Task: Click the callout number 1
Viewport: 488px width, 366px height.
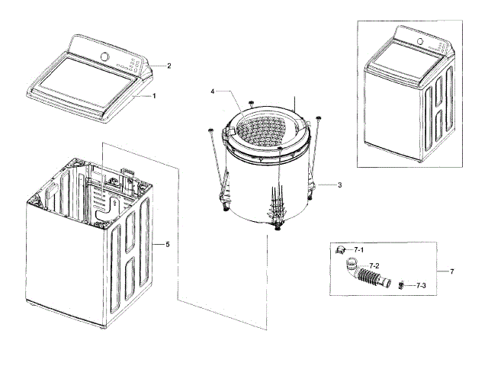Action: [x=154, y=96]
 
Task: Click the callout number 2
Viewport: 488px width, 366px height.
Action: [x=169, y=66]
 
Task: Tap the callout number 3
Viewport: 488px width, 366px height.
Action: [x=339, y=185]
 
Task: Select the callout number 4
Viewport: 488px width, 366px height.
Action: [x=213, y=92]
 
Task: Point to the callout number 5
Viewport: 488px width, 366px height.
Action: [x=168, y=245]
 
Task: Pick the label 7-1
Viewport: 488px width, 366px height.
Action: [x=359, y=250]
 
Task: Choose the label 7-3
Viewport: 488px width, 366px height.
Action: [x=421, y=285]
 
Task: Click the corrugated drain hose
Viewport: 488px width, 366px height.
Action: [x=374, y=276]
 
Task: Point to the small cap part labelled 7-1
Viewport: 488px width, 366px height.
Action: [x=342, y=251]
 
